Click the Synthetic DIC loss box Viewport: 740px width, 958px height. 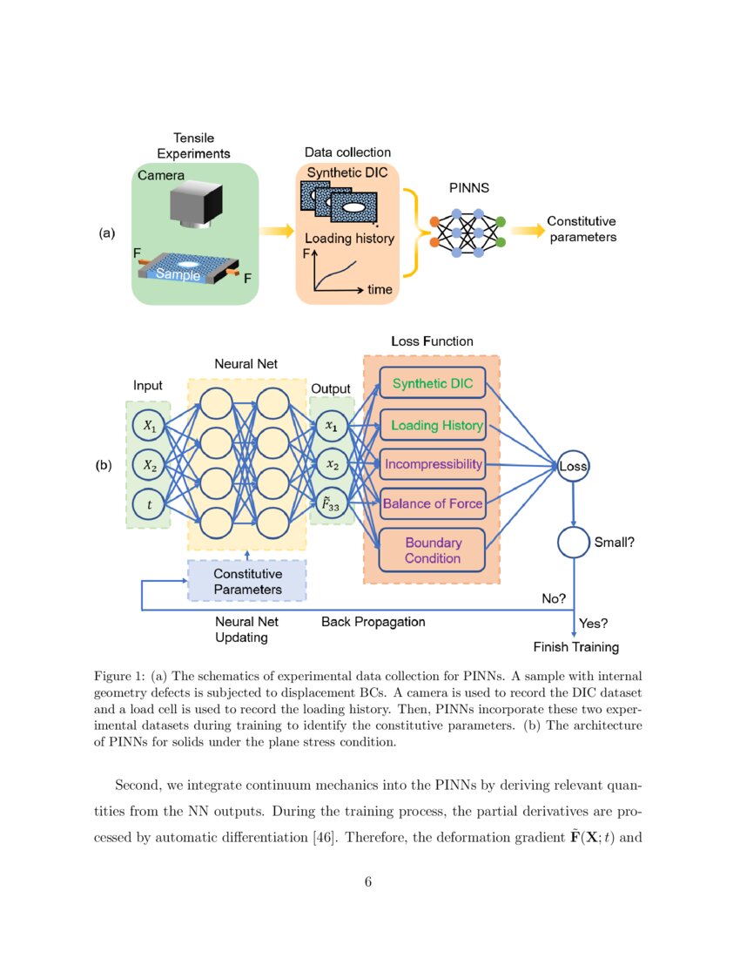[432, 383]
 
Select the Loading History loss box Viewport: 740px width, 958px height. [432, 425]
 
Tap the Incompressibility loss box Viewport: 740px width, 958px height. [432, 464]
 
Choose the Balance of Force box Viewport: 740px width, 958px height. [432, 503]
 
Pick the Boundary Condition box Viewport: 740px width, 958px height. [432, 550]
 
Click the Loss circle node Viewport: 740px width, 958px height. [574, 467]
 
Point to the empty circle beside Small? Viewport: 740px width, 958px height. [574, 542]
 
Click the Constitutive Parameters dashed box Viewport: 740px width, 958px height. [247, 581]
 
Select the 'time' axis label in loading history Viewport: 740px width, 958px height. [380, 289]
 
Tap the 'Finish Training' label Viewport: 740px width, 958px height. [575, 647]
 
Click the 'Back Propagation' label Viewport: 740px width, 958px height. [373, 622]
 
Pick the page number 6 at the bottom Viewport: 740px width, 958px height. [368, 882]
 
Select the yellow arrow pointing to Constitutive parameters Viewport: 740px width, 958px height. [526, 231]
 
